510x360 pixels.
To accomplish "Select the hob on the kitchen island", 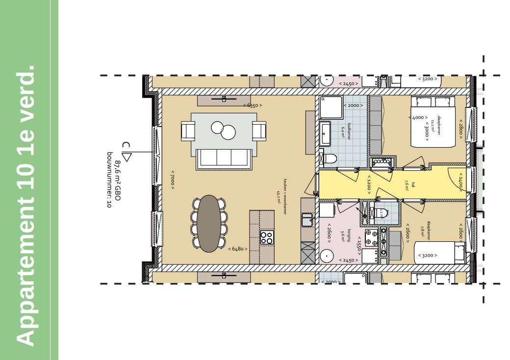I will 266,237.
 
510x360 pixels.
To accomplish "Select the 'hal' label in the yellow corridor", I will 407,185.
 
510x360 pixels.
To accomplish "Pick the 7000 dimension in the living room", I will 173,180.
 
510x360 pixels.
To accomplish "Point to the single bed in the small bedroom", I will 439,252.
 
